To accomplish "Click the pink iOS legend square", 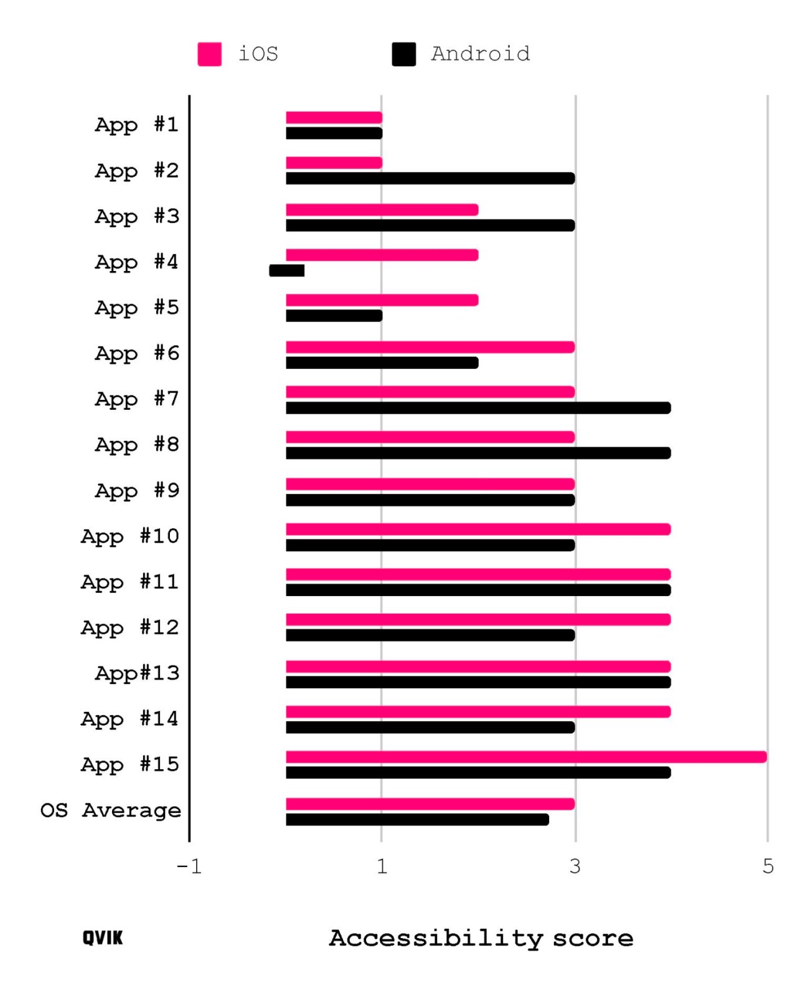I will [209, 54].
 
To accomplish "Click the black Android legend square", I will [403, 54].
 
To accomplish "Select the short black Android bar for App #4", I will [286, 270].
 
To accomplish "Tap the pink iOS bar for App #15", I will [526, 757].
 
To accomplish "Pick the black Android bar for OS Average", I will [417, 820].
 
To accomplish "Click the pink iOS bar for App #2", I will [334, 163].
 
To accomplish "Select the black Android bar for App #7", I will [478, 408].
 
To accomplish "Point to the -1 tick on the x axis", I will [189, 866].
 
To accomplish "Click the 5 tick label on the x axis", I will [768, 866].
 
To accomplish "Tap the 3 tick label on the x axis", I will [575, 866].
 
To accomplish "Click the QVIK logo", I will [103, 937].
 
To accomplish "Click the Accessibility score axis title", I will [481, 938].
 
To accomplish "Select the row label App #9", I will [137, 491].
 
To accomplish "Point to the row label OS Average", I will [111, 810].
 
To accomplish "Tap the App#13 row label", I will [137, 673].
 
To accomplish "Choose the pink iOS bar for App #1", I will [334, 118].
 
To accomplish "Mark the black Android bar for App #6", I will [382, 363].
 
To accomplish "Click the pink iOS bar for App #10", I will [478, 529].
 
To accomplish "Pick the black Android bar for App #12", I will [430, 635].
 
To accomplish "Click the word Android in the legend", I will [480, 54].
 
